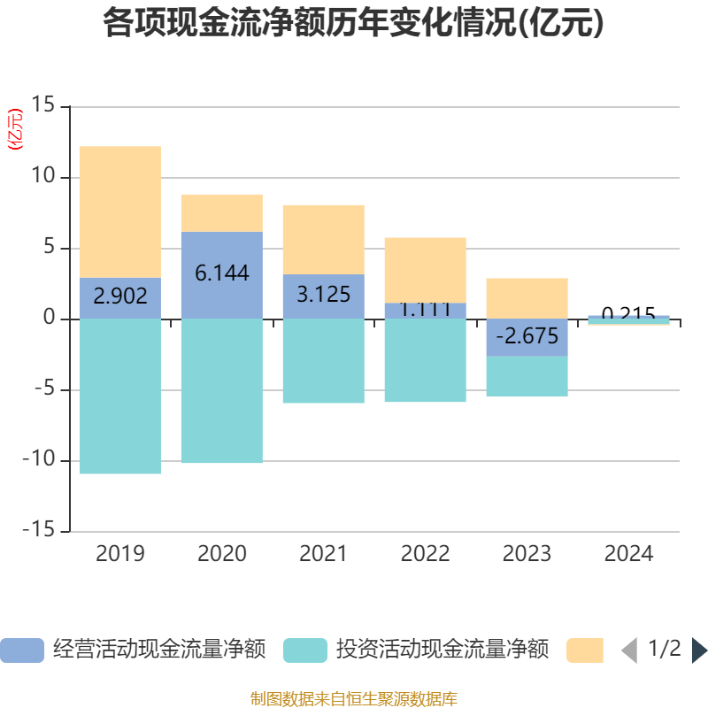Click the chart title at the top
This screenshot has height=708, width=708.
(x=354, y=24)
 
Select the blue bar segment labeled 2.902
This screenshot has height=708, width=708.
(x=120, y=297)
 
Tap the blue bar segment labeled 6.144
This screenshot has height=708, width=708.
(x=222, y=274)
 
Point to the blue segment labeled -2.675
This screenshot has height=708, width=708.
(x=527, y=337)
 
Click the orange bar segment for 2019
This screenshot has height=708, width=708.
(x=120, y=212)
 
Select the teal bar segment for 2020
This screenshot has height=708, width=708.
(x=222, y=390)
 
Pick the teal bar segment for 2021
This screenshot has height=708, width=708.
(x=323, y=360)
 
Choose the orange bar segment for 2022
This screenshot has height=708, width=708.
(x=425, y=269)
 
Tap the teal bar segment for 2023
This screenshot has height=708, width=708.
(x=527, y=376)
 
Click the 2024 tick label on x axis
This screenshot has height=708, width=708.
(x=628, y=554)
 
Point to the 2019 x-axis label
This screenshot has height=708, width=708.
(x=120, y=554)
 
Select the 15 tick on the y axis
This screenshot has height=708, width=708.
(x=43, y=106)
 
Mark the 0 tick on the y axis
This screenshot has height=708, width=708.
(x=50, y=319)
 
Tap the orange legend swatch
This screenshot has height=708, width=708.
(x=584, y=650)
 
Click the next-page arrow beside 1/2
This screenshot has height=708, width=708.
(x=699, y=650)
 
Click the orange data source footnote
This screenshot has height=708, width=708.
(x=354, y=698)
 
